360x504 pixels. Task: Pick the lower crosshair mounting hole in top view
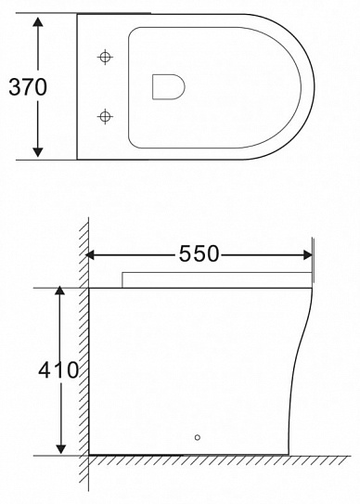105,117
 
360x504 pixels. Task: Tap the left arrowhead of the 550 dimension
94,253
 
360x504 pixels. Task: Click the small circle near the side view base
197,437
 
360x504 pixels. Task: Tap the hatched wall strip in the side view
84,371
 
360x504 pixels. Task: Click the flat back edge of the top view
76,87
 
